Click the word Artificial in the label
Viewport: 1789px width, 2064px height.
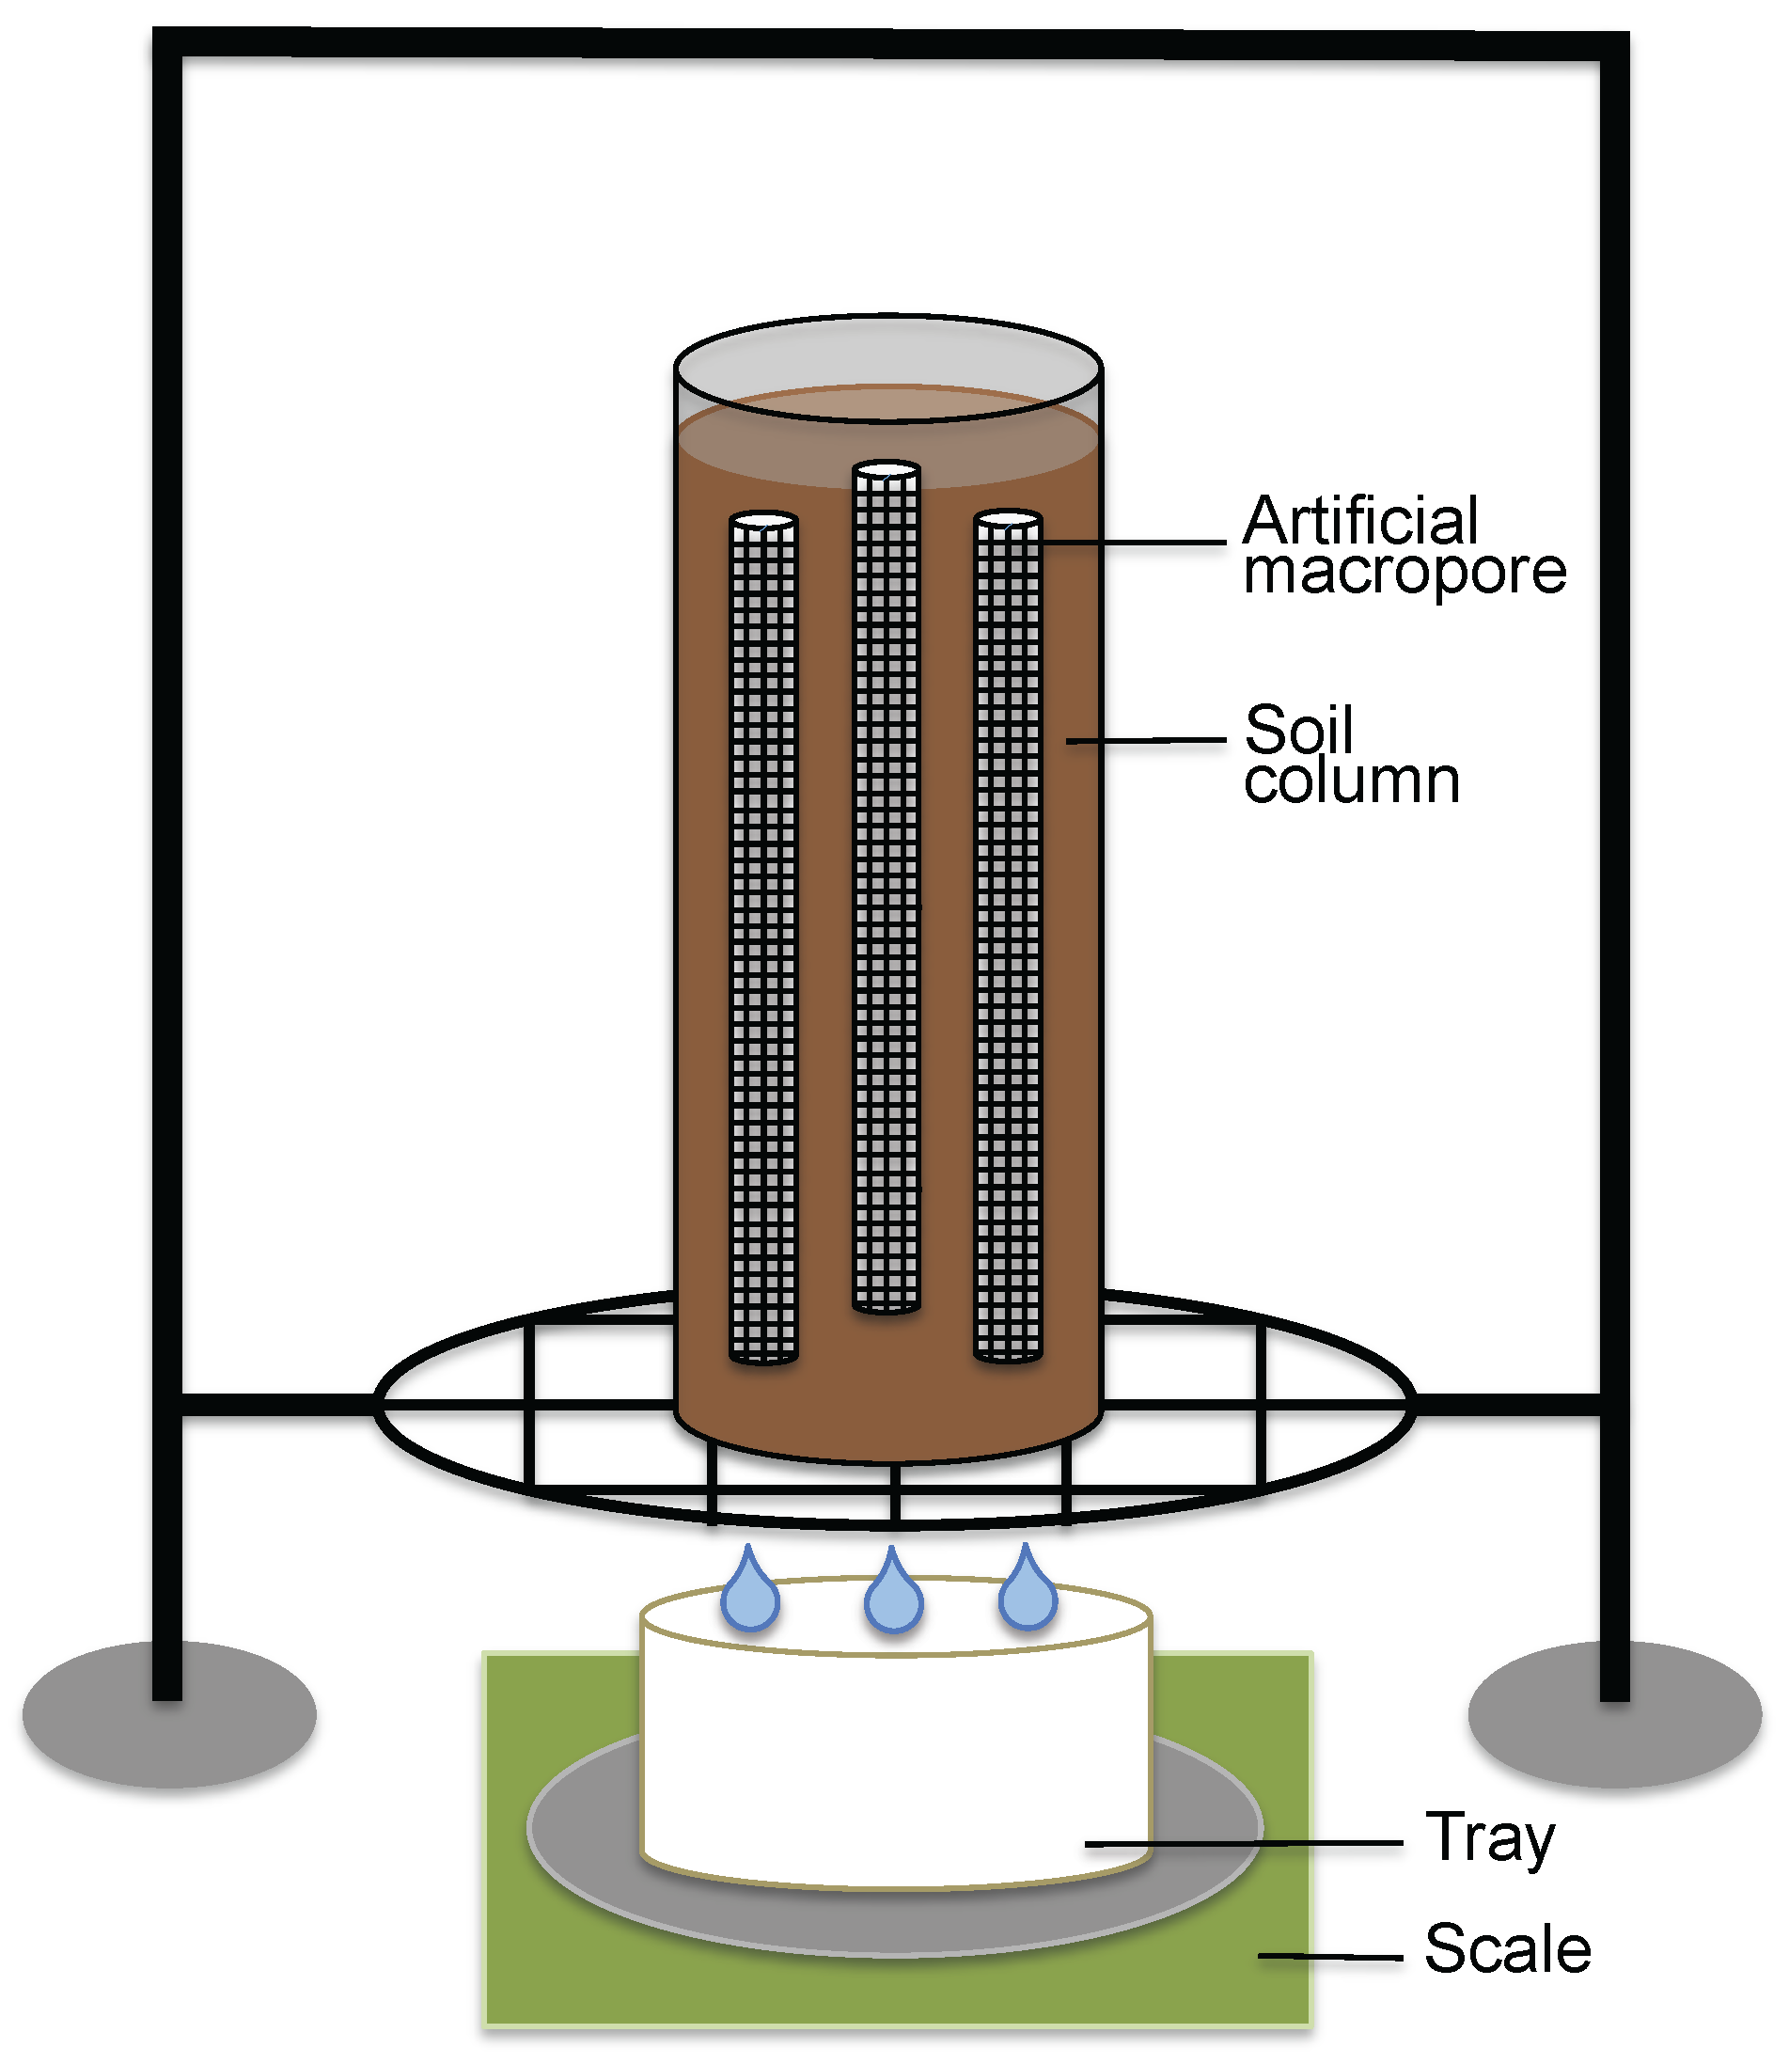(x=1359, y=520)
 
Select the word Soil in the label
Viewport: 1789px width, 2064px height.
(x=1299, y=730)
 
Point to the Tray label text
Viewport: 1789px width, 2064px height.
(x=1489, y=1838)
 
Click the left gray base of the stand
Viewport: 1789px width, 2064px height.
(x=170, y=1713)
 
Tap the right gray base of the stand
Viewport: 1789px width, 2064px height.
(x=1614, y=1713)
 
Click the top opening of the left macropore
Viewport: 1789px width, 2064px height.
(x=763, y=520)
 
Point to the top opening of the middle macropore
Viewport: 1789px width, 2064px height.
(x=887, y=469)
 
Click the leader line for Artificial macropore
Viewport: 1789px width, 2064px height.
(x=1133, y=544)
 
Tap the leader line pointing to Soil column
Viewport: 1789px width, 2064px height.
(x=1146, y=740)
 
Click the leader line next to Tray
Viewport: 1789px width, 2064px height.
(x=1243, y=1843)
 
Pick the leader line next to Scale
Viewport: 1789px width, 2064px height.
(x=1330, y=1956)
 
